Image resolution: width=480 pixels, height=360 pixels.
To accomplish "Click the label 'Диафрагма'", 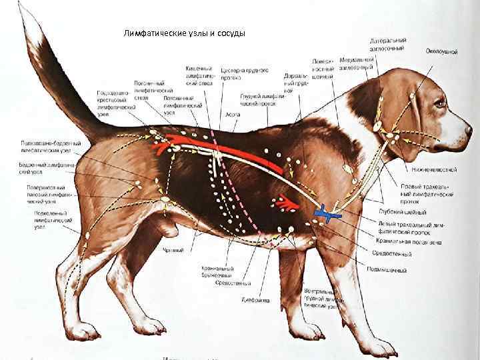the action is click(x=255, y=300).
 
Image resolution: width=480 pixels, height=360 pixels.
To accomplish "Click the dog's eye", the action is click(x=439, y=103).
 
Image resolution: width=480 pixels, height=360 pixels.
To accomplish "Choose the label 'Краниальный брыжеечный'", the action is click(x=217, y=272).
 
